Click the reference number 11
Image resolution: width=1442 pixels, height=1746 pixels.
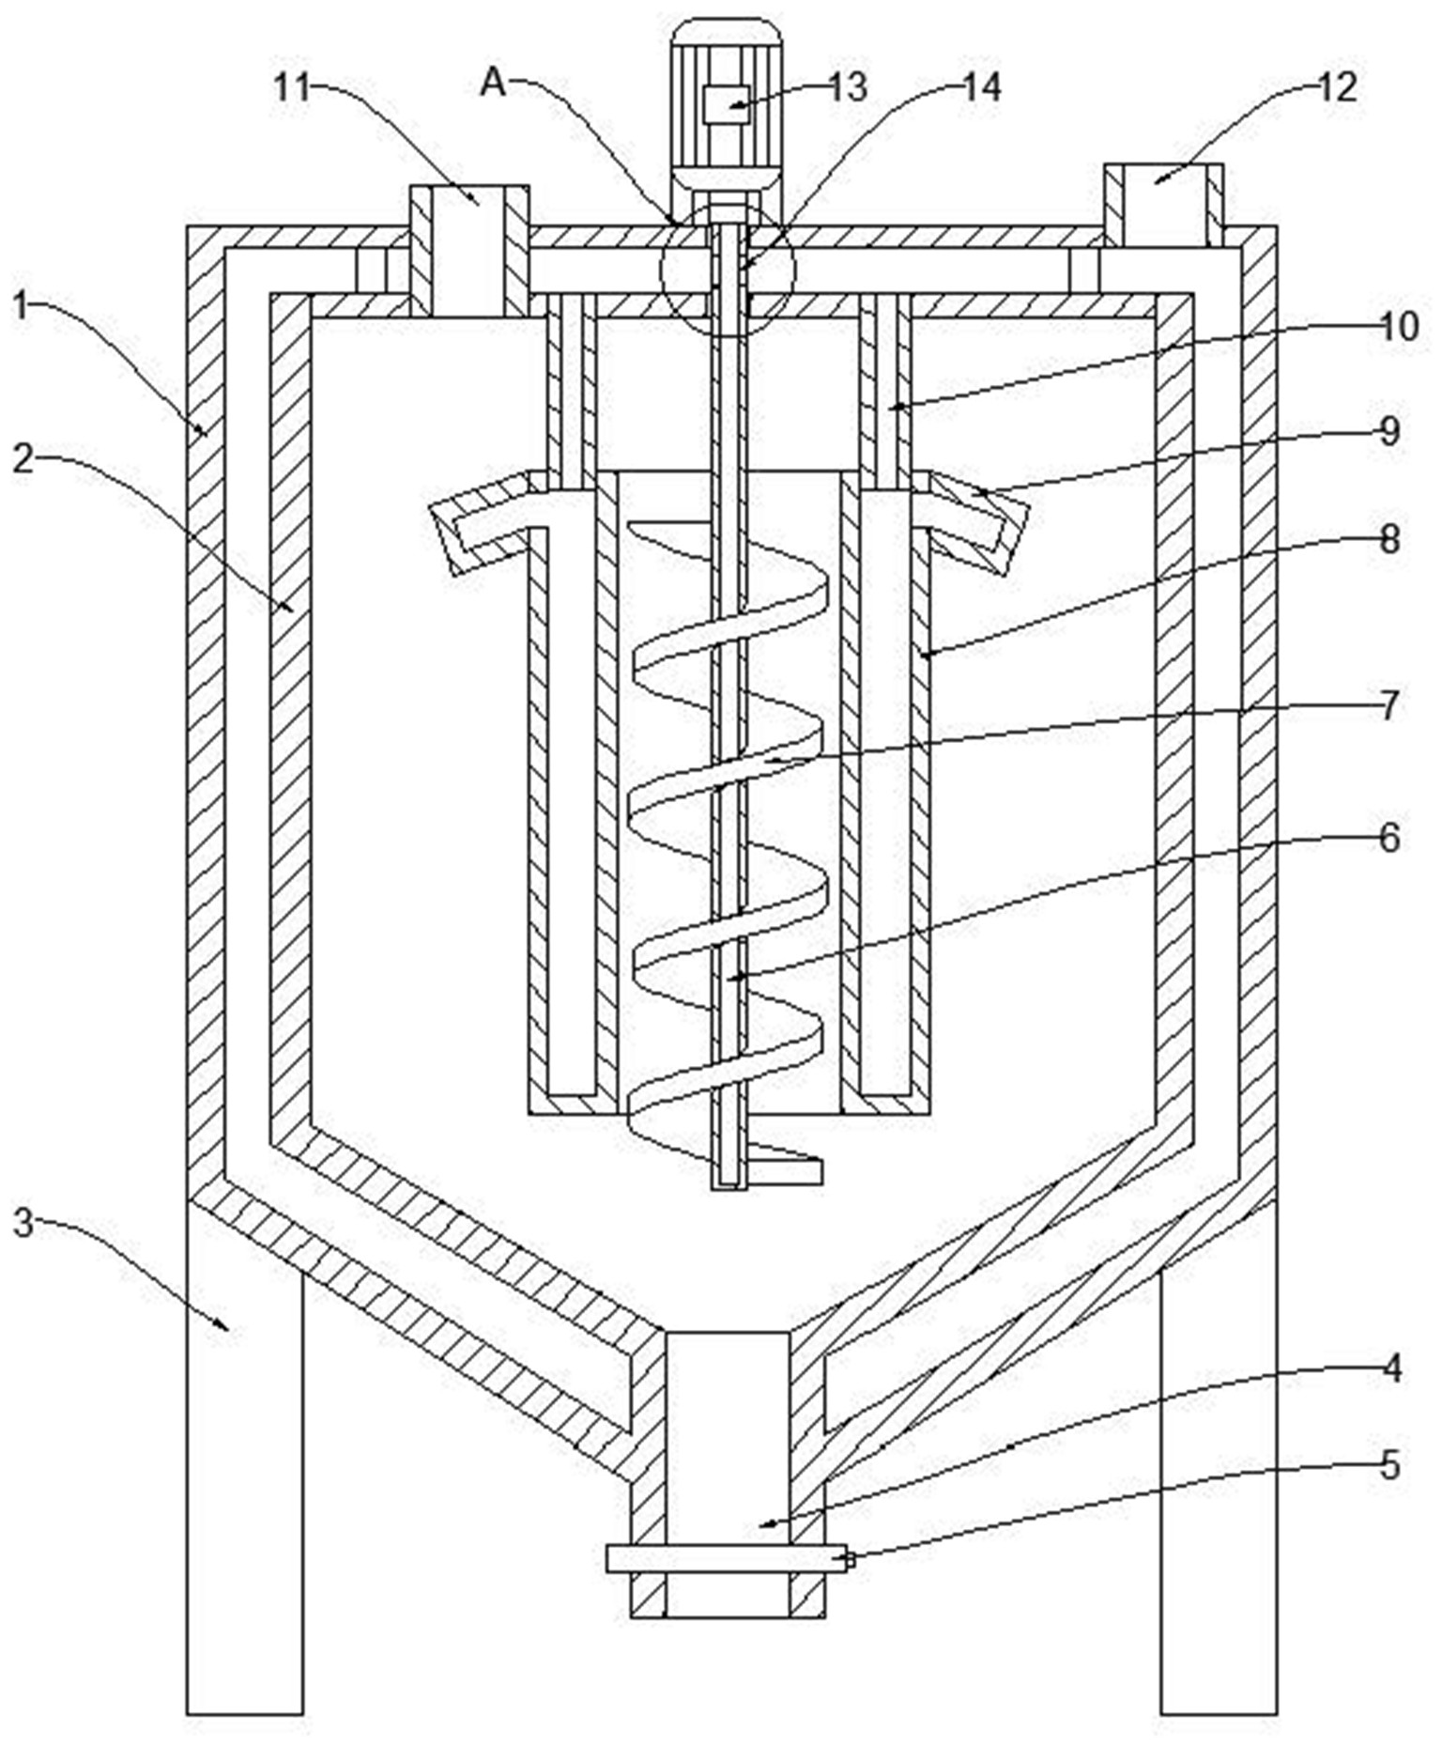292,87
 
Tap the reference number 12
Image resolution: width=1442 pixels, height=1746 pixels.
1338,87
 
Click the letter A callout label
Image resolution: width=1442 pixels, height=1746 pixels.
494,84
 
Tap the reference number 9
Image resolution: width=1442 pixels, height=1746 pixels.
1390,431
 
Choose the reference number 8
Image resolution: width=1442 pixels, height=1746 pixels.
1390,539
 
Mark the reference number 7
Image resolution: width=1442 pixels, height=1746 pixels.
1390,705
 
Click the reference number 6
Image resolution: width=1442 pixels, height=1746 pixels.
1390,837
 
